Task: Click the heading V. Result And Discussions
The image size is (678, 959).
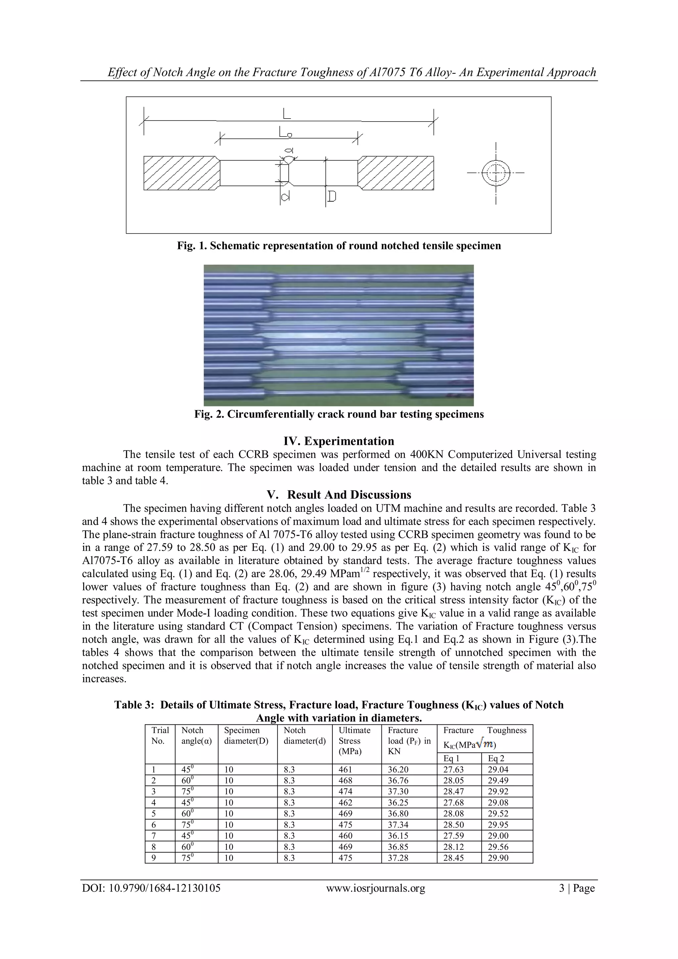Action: [x=339, y=495]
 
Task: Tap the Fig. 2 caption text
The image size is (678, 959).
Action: [x=339, y=414]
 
